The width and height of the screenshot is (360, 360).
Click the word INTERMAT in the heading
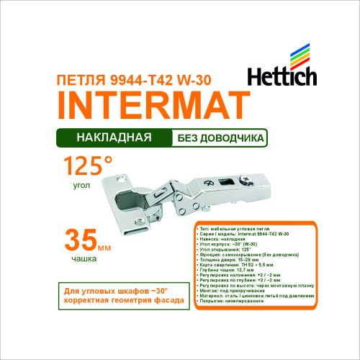[x=148, y=105]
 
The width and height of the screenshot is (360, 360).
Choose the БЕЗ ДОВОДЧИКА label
[x=219, y=136]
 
